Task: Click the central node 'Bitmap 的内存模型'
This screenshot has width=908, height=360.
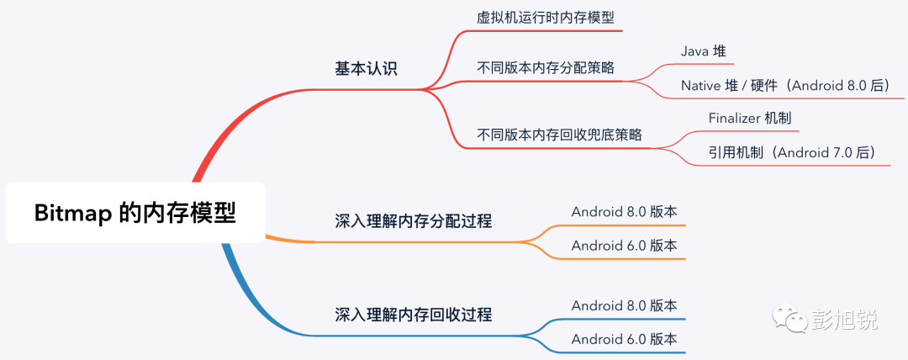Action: click(135, 213)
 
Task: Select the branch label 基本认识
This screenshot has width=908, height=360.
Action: click(366, 69)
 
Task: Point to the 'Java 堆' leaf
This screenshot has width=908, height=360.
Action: click(703, 51)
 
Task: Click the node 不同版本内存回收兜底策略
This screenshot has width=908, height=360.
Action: click(560, 134)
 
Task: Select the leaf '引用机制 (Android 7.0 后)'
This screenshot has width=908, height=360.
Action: click(792, 152)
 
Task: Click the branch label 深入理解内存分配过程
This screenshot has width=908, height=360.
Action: click(413, 221)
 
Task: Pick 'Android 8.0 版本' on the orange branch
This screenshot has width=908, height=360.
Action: click(624, 211)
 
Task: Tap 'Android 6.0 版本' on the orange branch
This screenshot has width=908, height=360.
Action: click(624, 246)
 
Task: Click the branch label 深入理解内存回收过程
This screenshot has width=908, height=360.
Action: click(413, 315)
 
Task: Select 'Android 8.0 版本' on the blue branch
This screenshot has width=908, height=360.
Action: click(624, 305)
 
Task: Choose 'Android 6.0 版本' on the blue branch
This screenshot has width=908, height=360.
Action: click(624, 340)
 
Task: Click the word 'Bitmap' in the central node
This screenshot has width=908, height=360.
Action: click(73, 214)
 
